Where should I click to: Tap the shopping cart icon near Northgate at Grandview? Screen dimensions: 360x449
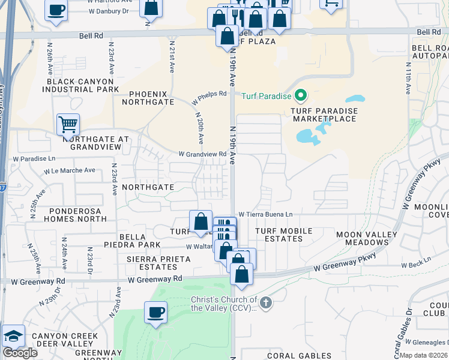coord(68,125)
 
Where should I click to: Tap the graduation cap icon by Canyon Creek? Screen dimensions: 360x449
coord(13,336)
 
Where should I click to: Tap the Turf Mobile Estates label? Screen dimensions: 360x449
coord(284,235)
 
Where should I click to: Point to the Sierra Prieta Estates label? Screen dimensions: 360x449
coord(158,263)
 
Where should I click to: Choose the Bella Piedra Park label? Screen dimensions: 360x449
coord(139,241)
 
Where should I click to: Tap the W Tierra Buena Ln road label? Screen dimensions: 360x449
coord(265,214)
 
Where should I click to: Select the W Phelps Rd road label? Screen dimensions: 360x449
coord(209,97)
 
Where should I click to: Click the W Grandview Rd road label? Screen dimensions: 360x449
coord(202,154)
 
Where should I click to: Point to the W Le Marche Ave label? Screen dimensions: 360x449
coord(70,170)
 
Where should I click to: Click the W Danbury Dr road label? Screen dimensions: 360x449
coord(109,11)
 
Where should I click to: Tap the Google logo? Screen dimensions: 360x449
coord(20,353)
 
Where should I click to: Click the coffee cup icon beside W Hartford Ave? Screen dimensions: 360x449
coord(56,11)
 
